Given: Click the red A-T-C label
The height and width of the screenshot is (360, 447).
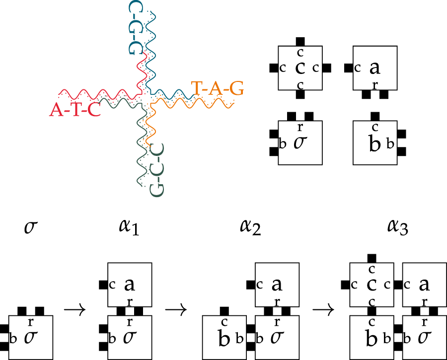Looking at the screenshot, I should click(75, 108).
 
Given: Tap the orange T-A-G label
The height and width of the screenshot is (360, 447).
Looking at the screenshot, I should click(218, 88).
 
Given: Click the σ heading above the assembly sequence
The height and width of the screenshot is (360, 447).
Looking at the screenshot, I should click(30, 227).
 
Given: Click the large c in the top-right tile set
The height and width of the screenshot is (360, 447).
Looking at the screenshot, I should click(299, 68).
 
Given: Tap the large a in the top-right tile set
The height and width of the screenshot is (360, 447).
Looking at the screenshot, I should click(375, 68).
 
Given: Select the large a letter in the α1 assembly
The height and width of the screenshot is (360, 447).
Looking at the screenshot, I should click(130, 285).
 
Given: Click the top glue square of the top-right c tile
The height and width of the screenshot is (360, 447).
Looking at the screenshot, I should click(299, 41).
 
